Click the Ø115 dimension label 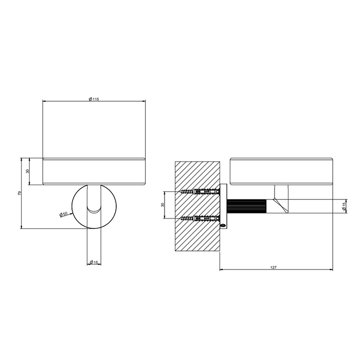(x=94, y=99)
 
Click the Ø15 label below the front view (x=94, y=262)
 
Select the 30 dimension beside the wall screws (x=163, y=205)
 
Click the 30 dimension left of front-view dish (x=28, y=171)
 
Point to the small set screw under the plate (x=223, y=224)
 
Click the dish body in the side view (x=278, y=172)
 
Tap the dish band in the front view (x=94, y=171)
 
